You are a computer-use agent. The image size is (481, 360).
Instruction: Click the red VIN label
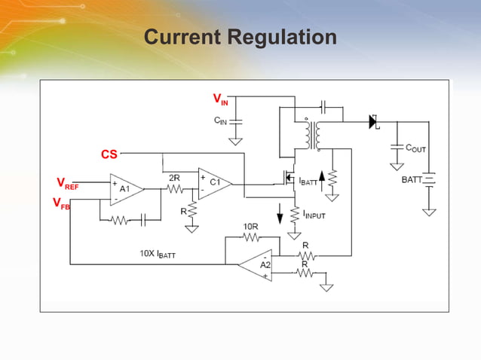coord(219,100)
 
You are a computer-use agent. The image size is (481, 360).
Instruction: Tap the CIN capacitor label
coord(219,120)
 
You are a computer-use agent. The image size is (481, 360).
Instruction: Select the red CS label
coord(109,154)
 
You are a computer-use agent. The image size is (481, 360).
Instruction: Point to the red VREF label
coord(67,183)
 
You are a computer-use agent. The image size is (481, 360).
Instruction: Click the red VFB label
coord(61,203)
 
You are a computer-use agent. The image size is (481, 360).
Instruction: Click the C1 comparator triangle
coord(213,183)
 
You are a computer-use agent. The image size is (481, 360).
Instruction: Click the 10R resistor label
coord(250,226)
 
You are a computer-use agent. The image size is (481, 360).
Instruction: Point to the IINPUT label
coord(315,215)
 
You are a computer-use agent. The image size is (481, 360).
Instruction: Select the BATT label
coord(412,180)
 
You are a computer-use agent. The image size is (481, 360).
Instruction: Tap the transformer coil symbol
coord(312,134)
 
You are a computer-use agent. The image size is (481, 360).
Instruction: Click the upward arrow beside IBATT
coord(323,179)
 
